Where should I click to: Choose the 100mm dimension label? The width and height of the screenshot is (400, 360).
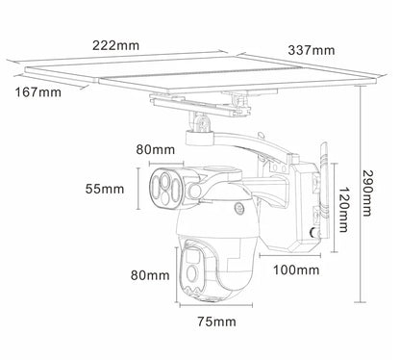[x=296, y=271]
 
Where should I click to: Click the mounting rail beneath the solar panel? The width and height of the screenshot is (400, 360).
[x=197, y=99]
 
